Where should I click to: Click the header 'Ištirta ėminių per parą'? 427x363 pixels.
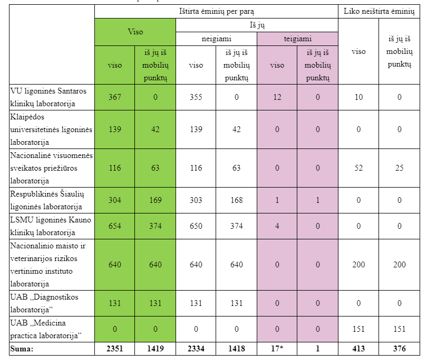(x=216, y=11)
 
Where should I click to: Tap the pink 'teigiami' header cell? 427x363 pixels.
(x=297, y=39)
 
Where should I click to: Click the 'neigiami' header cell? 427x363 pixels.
(x=216, y=39)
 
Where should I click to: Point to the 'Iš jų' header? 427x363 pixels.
(x=257, y=25)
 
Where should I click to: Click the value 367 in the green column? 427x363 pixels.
(x=114, y=97)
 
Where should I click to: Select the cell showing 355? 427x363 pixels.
(x=196, y=97)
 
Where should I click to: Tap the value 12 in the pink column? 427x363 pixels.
(x=277, y=97)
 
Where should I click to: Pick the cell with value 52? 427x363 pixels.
(x=358, y=168)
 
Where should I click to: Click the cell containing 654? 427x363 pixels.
(x=114, y=226)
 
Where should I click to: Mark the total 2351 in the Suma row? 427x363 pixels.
(x=114, y=349)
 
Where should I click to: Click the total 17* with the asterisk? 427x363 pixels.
(x=277, y=349)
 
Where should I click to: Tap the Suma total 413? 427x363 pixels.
(x=358, y=349)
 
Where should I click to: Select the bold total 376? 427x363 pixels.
(x=399, y=349)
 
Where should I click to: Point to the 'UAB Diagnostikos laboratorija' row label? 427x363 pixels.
(x=44, y=302)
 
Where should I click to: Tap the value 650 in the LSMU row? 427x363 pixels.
(x=196, y=226)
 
